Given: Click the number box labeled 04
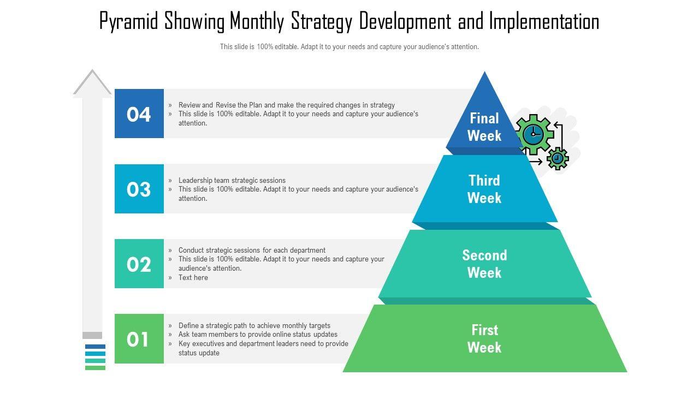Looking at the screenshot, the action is click(139, 114).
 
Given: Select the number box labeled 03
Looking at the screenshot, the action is click(139, 189).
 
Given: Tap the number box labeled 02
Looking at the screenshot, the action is click(139, 264).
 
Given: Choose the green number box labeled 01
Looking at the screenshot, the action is click(139, 339).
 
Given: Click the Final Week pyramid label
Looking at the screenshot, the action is click(484, 127).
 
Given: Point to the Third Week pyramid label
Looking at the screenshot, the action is click(484, 189).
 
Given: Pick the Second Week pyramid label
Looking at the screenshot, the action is click(484, 264).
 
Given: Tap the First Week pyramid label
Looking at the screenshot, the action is click(484, 339).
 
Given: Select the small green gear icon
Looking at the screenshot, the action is click(558, 158).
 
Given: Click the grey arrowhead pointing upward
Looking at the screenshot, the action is click(92, 82).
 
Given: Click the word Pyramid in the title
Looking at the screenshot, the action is click(129, 21).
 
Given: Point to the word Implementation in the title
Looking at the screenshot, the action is click(544, 21).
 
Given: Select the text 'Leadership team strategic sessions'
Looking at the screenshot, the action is click(232, 180).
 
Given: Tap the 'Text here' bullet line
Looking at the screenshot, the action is click(193, 278).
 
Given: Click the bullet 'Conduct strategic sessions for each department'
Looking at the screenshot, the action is click(252, 250).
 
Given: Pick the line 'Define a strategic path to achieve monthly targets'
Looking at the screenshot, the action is click(254, 326).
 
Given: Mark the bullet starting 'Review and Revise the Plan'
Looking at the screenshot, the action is click(287, 105).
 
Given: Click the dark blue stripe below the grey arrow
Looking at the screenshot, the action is click(95, 347).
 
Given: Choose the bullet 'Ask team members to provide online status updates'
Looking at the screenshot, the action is click(258, 335).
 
